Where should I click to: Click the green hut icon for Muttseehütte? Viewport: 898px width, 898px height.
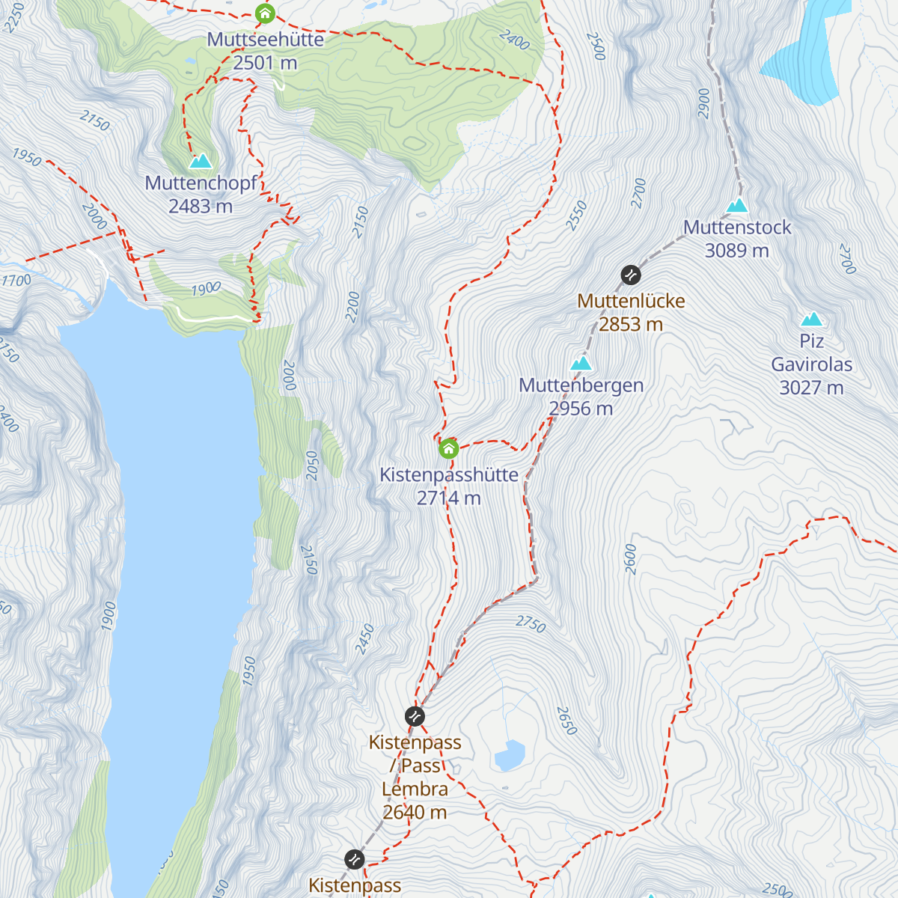pyautogui.click(x=264, y=13)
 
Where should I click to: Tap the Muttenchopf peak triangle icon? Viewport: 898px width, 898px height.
pyautogui.click(x=201, y=161)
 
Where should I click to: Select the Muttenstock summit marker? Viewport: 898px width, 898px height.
pyautogui.click(x=737, y=205)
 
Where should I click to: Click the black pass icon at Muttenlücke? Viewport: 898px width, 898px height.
pyautogui.click(x=631, y=275)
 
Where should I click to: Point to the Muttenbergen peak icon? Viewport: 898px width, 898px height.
pyautogui.click(x=581, y=364)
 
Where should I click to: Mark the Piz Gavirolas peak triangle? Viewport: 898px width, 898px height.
pyautogui.click(x=812, y=320)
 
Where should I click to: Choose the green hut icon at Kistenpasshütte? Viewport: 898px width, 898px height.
pyautogui.click(x=448, y=448)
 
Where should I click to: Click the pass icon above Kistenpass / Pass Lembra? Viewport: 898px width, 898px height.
pyautogui.click(x=415, y=716)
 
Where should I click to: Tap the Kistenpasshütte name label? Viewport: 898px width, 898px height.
pyautogui.click(x=449, y=474)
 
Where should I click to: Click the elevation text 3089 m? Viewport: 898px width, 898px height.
pyautogui.click(x=737, y=251)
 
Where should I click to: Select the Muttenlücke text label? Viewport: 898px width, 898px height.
pyautogui.click(x=631, y=301)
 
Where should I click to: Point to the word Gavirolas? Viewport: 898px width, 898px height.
pyautogui.click(x=812, y=364)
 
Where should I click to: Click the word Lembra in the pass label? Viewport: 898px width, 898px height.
pyautogui.click(x=415, y=789)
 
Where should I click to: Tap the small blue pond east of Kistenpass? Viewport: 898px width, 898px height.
pyautogui.click(x=510, y=755)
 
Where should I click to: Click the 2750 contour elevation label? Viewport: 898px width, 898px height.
pyautogui.click(x=531, y=623)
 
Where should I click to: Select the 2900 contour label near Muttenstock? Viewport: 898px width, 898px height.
pyautogui.click(x=703, y=103)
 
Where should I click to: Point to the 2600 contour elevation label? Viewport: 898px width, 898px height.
pyautogui.click(x=630, y=559)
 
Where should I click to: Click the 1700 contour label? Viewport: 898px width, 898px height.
pyautogui.click(x=16, y=281)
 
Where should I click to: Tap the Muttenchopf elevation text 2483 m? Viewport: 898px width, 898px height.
pyautogui.click(x=201, y=207)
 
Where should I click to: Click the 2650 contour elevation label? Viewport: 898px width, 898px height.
pyautogui.click(x=566, y=720)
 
